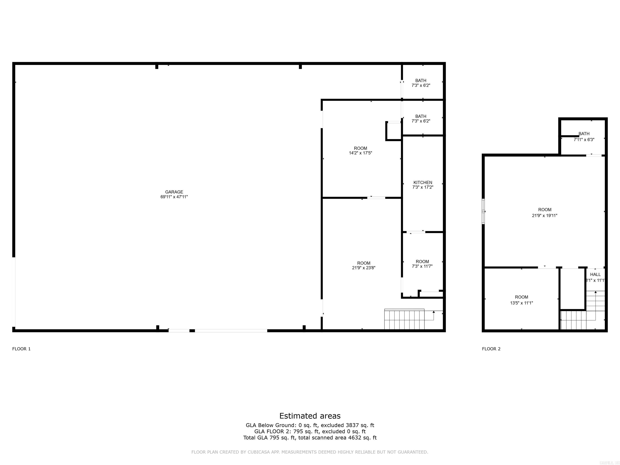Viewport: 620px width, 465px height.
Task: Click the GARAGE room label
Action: (x=174, y=192)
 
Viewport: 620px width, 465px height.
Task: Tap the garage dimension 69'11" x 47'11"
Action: (x=174, y=197)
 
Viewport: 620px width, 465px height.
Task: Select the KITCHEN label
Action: (x=423, y=182)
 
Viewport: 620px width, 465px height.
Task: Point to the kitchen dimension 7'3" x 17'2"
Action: (x=423, y=187)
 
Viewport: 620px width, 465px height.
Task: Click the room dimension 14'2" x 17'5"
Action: (x=360, y=153)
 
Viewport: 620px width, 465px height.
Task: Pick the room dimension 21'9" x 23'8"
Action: (x=363, y=268)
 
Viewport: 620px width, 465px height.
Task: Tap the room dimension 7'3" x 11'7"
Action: (x=422, y=266)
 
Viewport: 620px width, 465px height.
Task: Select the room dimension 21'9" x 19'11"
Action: (x=545, y=216)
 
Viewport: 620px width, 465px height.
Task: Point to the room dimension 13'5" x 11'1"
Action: (x=521, y=303)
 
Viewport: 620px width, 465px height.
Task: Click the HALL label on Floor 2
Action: (x=595, y=275)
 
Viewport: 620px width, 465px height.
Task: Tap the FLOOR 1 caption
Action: (x=21, y=349)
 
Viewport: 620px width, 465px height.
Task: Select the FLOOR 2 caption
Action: (x=491, y=349)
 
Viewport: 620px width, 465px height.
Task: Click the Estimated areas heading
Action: (x=310, y=416)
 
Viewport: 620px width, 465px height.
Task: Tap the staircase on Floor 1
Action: (x=404, y=319)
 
